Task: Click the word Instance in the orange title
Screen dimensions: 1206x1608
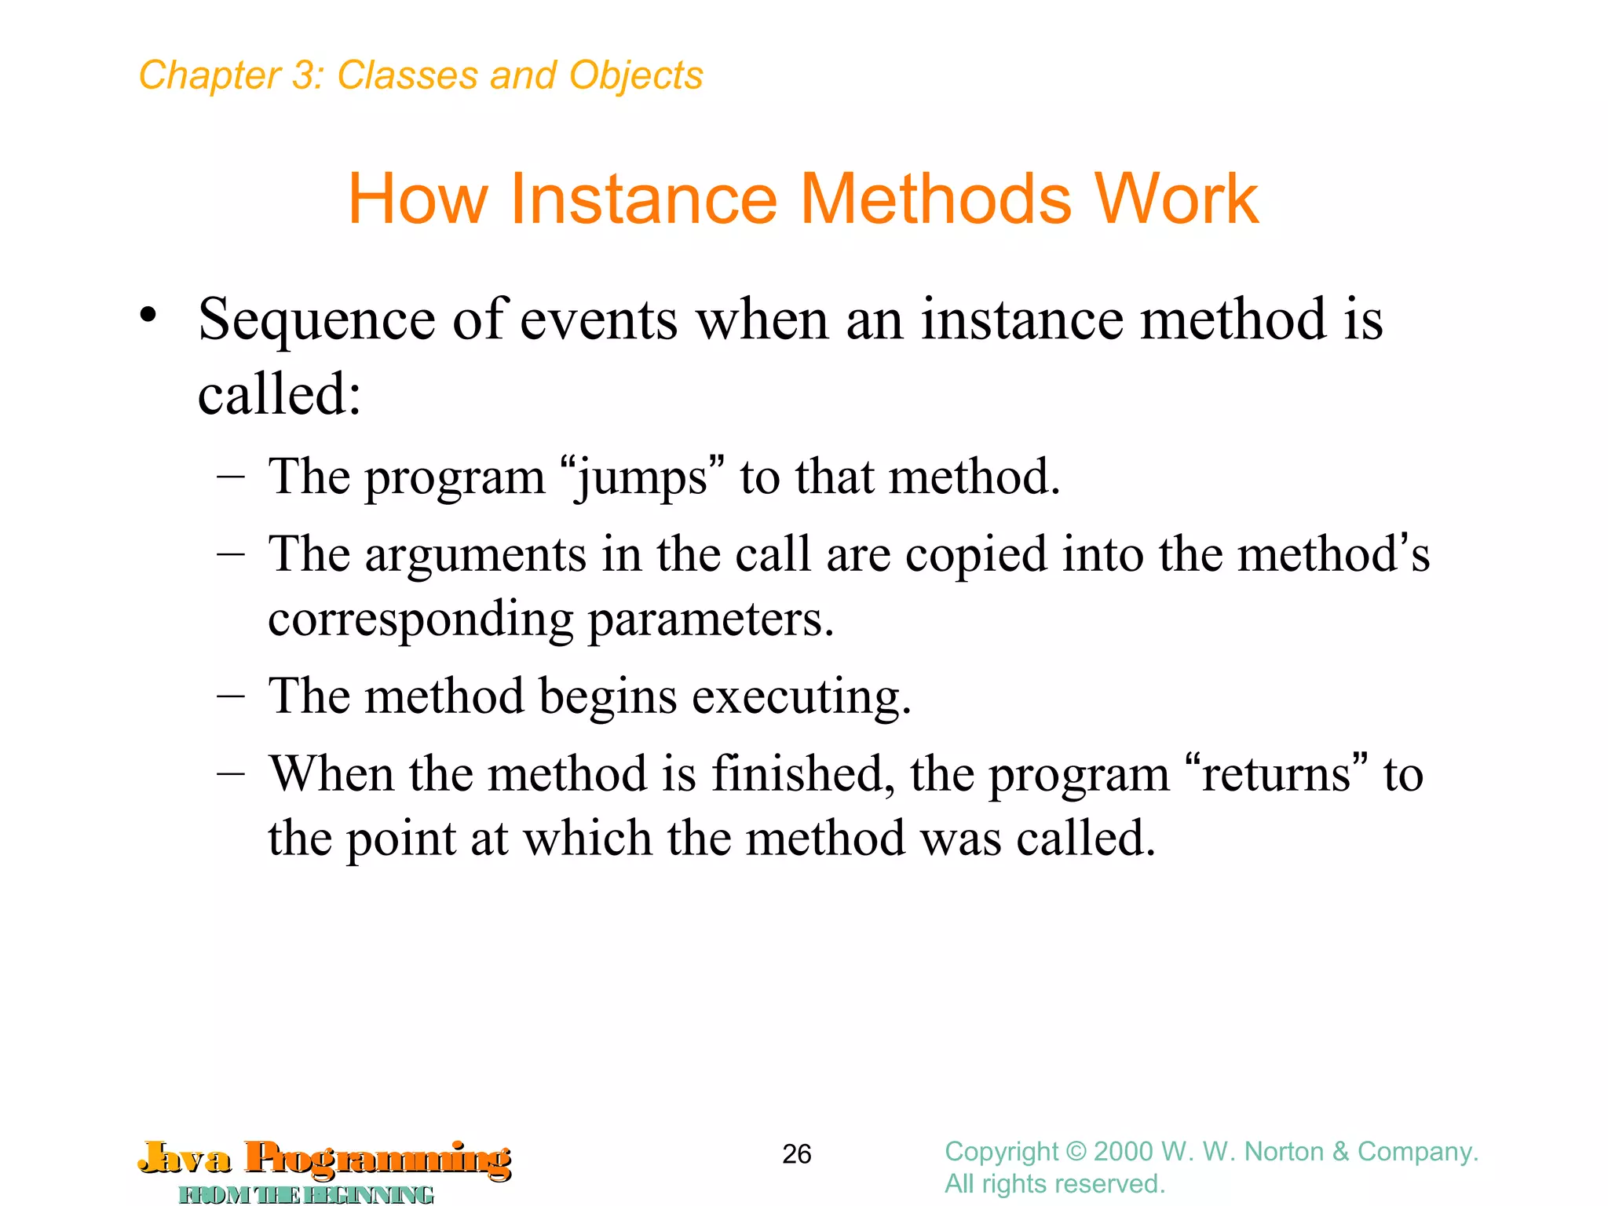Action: [x=643, y=199]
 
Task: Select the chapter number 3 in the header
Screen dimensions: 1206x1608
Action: [x=303, y=76]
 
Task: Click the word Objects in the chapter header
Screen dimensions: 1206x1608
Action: [x=635, y=76]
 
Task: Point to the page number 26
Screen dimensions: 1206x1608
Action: [x=796, y=1154]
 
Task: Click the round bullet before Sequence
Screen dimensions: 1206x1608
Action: [x=148, y=316]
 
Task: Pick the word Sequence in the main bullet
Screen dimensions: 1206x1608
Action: [x=316, y=320]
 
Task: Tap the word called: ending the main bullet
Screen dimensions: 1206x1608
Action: [x=280, y=394]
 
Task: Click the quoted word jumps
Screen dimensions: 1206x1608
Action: [x=642, y=477]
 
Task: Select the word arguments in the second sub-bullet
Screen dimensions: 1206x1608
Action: [x=475, y=554]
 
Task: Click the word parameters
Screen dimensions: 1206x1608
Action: [x=711, y=619]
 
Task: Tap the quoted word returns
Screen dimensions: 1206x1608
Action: [x=1277, y=774]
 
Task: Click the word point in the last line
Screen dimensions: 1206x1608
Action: [x=400, y=839]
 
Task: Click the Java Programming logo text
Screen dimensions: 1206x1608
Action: [x=325, y=1159]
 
